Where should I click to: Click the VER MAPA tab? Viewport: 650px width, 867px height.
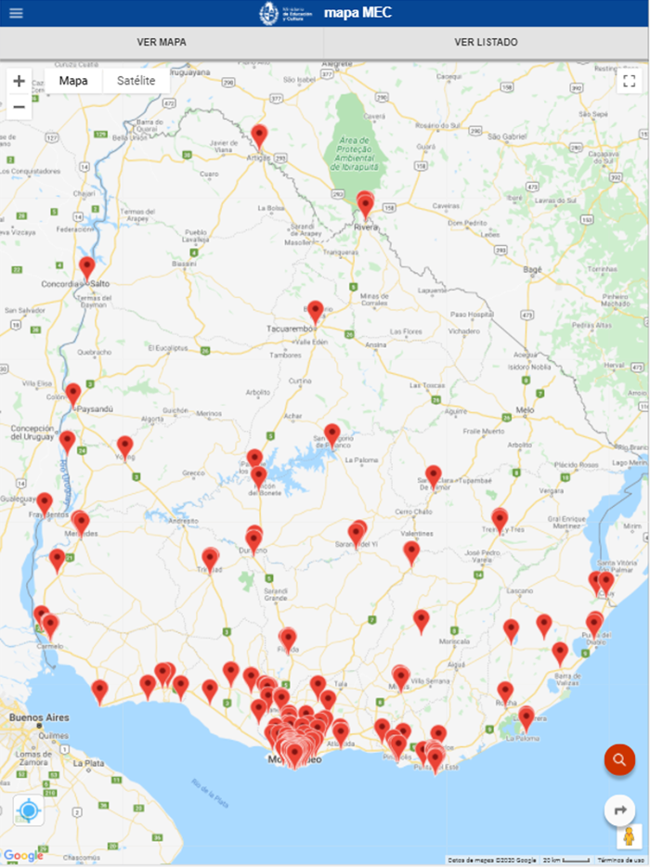[x=162, y=42]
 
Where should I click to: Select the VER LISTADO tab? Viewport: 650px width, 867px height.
[x=486, y=42]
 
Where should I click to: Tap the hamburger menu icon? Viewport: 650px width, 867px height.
[x=16, y=13]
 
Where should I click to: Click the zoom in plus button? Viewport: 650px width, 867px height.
[x=19, y=81]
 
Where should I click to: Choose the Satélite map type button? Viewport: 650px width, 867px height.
[x=136, y=81]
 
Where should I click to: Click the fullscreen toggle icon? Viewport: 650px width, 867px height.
[x=628, y=80]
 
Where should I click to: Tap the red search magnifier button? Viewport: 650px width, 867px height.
[x=619, y=760]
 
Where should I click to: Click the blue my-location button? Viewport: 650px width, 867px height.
[x=29, y=810]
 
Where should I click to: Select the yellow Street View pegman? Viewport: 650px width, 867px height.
[x=628, y=836]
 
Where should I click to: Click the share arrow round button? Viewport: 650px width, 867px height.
[x=619, y=810]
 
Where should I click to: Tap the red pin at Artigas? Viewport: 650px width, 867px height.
[x=260, y=136]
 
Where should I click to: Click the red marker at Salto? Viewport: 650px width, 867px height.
[x=87, y=267]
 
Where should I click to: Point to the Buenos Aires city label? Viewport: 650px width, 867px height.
[x=39, y=718]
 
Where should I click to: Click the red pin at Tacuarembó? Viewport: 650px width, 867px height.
[x=316, y=311]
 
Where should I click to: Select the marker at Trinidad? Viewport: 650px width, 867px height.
[x=211, y=558]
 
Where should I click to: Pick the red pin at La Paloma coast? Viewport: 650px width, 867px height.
[x=526, y=717]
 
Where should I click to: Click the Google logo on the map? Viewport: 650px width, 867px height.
[x=23, y=855]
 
